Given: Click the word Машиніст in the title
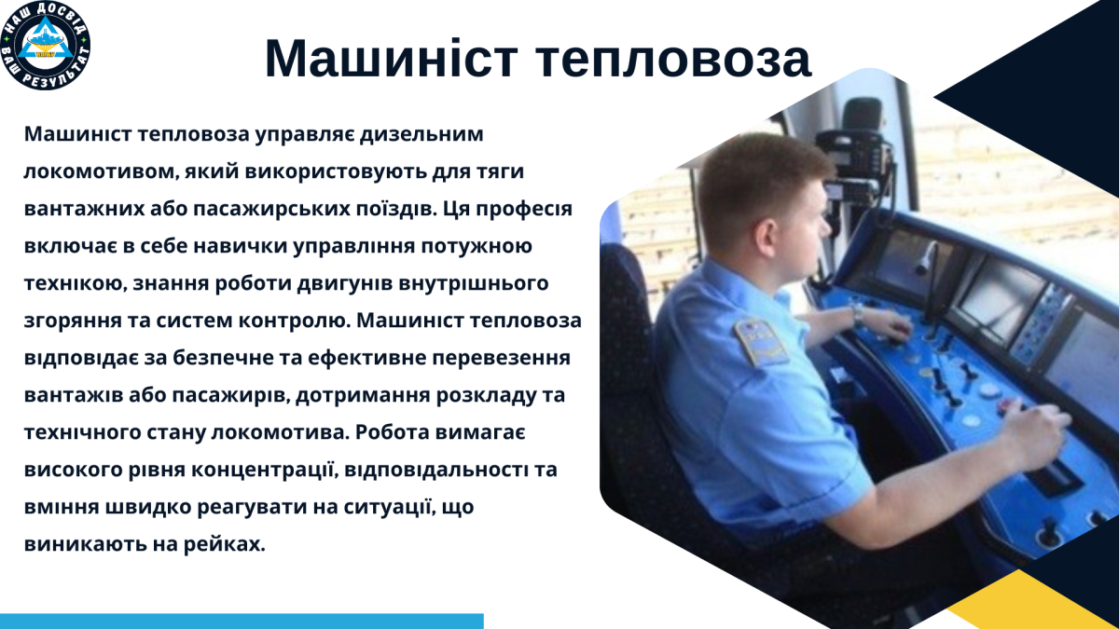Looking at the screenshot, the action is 391,59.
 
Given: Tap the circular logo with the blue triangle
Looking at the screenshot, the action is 46,46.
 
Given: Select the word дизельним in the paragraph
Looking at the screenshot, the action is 421,134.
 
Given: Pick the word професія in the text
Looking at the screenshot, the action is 523,209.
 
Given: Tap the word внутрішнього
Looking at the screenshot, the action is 473,283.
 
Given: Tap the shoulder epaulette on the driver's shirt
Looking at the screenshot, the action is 760,340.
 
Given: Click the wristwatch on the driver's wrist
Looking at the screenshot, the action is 857,315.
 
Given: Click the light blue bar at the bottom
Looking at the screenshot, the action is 242,621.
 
